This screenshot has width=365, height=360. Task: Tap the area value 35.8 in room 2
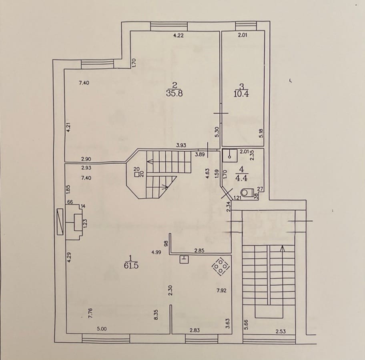(x=174, y=93)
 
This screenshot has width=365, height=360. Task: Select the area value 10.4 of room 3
(x=243, y=94)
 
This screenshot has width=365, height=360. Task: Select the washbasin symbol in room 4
(x=230, y=155)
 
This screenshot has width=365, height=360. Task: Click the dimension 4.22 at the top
(x=178, y=36)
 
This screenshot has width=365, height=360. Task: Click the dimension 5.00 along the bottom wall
(x=102, y=329)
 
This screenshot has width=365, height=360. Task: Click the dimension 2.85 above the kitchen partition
(x=199, y=251)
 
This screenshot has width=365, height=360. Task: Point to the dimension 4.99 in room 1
(x=156, y=252)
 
